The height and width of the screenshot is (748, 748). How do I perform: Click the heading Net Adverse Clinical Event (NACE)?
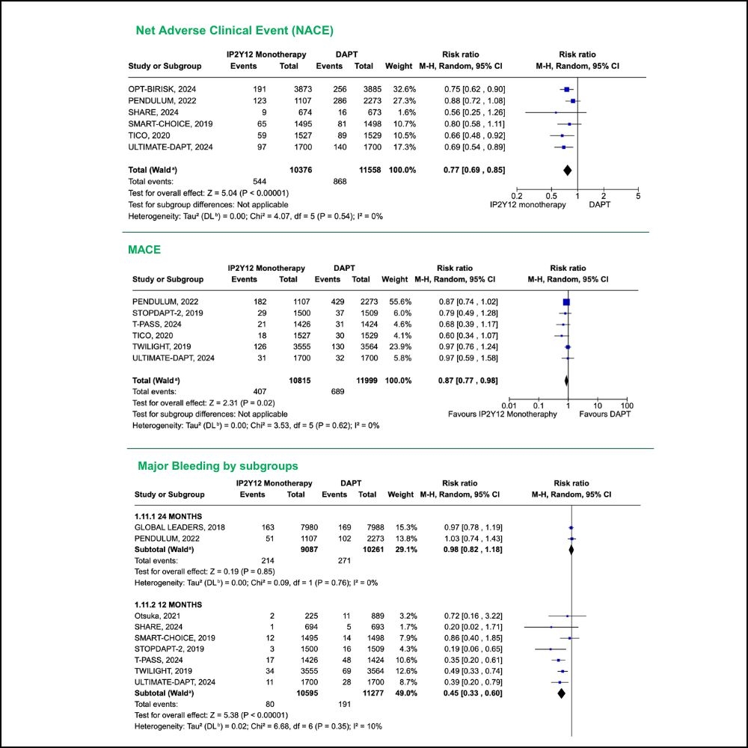click(x=234, y=31)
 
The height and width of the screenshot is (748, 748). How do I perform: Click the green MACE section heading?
click(x=145, y=249)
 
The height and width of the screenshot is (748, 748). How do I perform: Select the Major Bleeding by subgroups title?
click(x=218, y=465)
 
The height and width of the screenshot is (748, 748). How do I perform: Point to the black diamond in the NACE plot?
click(x=567, y=171)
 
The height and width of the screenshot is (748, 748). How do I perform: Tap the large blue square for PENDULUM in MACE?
click(x=566, y=301)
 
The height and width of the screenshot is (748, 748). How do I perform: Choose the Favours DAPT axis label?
click(x=605, y=414)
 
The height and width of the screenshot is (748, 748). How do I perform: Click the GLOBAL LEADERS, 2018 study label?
click(x=180, y=527)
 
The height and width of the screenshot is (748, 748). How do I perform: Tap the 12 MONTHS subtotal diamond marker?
click(x=561, y=693)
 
